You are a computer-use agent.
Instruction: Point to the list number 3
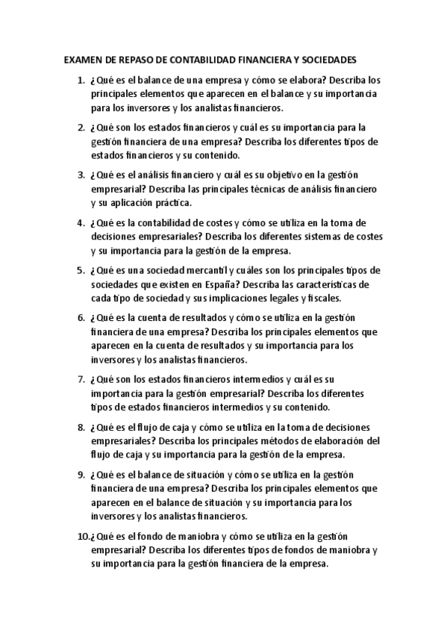[x=81, y=175]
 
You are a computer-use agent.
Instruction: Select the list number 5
[x=81, y=269]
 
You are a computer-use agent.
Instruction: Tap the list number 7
[x=81, y=379]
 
